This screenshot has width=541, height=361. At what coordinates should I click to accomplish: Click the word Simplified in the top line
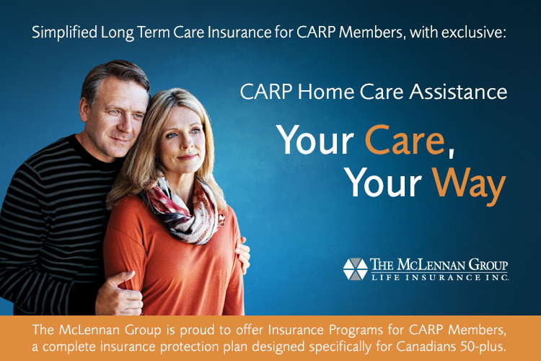[64, 32]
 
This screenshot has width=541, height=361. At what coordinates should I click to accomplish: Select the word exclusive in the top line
[473, 32]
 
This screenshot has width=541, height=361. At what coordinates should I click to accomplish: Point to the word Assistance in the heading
[458, 92]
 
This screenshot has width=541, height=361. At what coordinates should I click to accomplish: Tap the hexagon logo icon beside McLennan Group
[356, 269]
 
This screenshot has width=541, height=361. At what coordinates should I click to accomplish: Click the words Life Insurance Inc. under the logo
[439, 277]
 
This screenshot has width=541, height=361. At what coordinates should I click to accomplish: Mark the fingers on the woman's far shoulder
[243, 255]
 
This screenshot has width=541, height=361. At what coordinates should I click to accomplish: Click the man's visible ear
[84, 110]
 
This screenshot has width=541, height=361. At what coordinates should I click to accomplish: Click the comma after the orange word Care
[450, 152]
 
